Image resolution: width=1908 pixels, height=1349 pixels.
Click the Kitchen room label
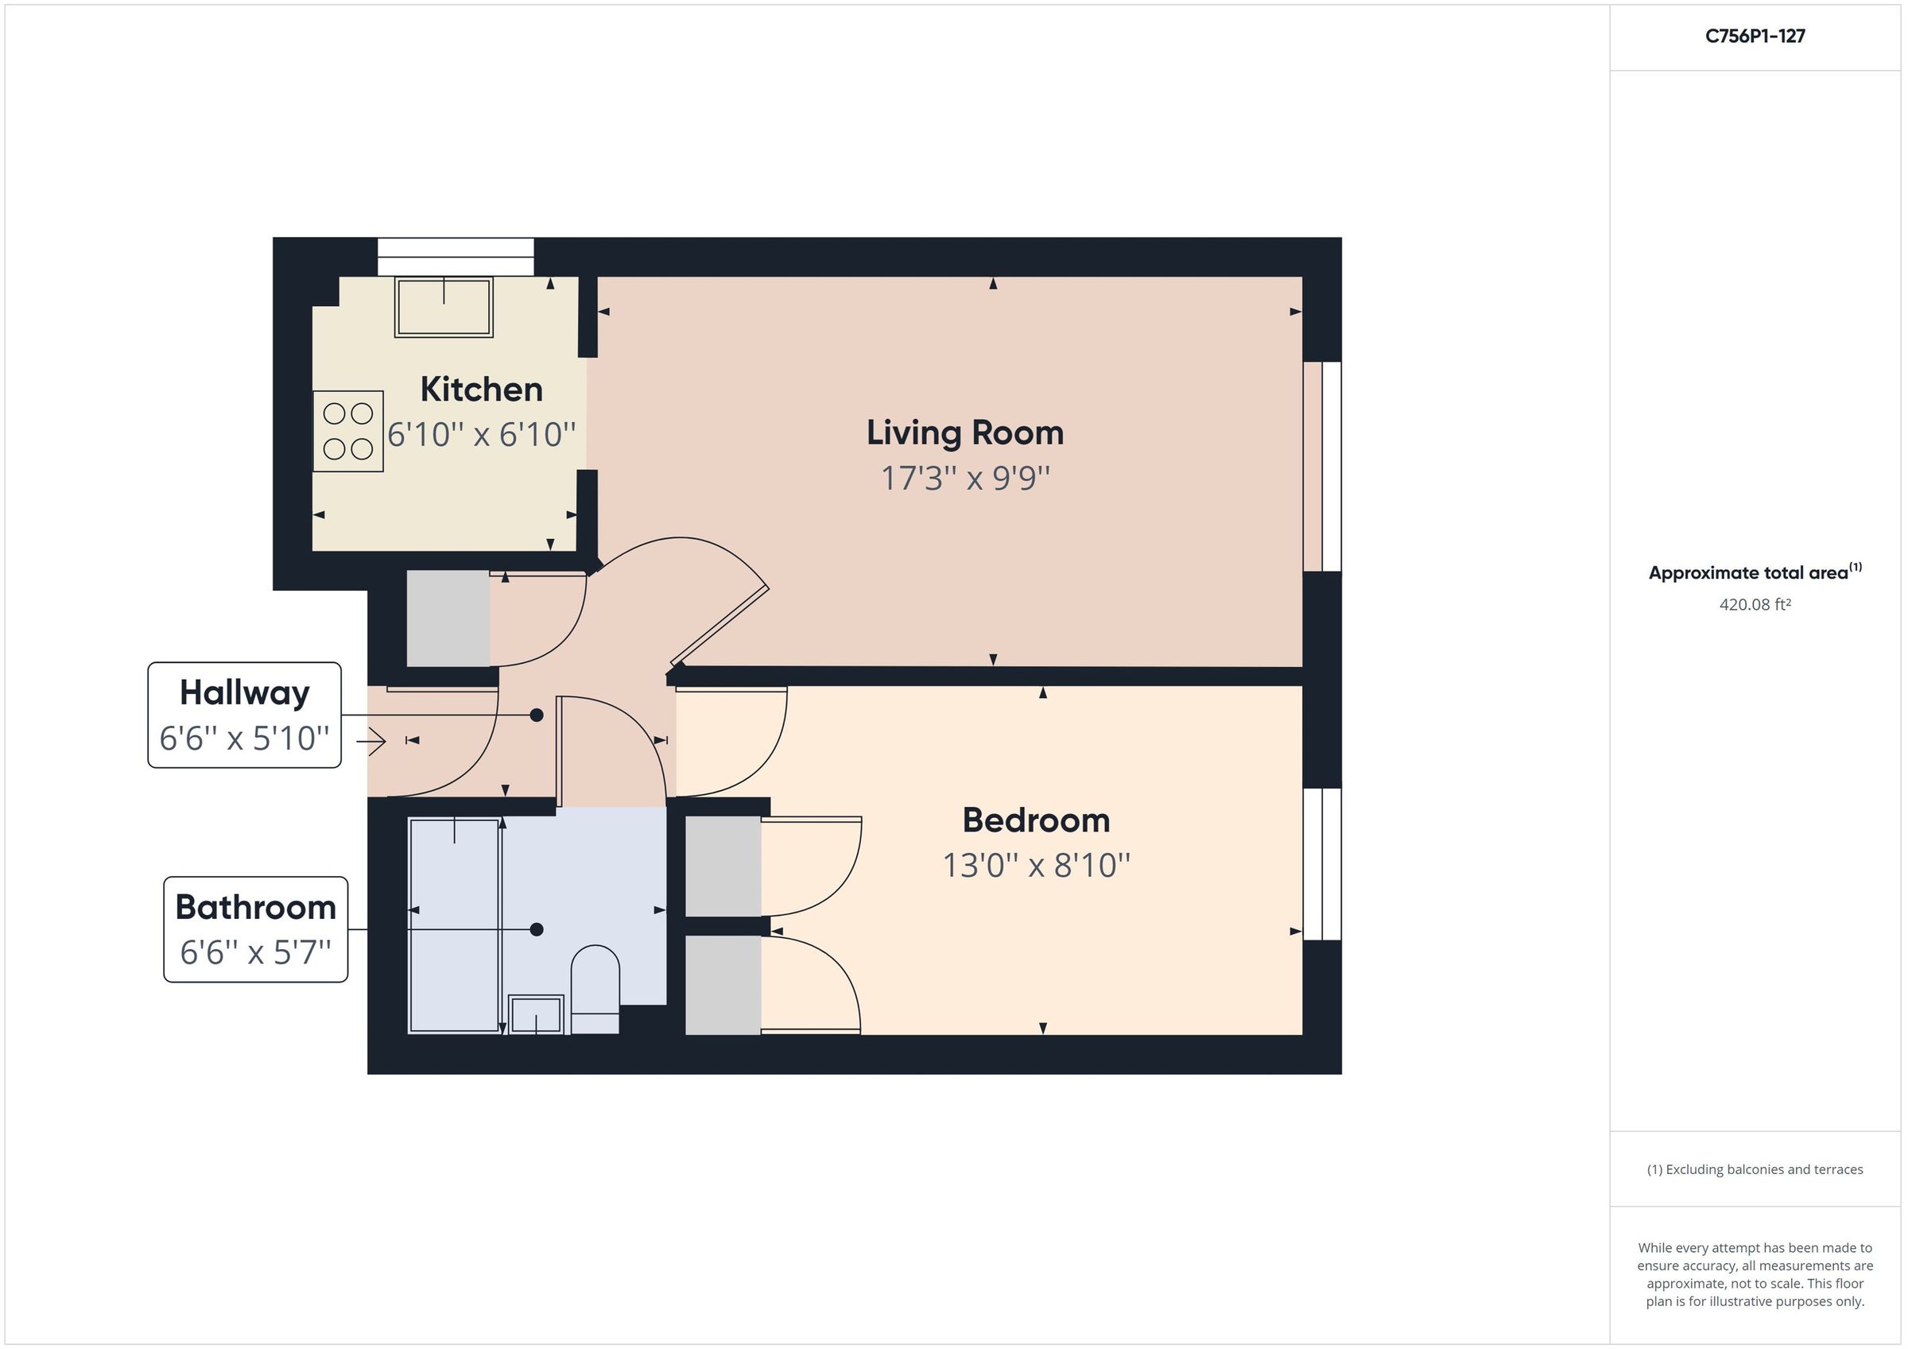click(481, 389)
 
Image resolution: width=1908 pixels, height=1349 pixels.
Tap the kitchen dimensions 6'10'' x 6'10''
click(481, 434)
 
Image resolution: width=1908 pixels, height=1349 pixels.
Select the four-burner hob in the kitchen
click(348, 431)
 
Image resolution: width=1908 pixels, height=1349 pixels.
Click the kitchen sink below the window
click(444, 307)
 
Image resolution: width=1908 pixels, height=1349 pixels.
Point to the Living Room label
click(965, 432)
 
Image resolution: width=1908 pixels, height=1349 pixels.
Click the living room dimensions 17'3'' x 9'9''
click(965, 478)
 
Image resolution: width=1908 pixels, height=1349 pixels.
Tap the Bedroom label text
click(1035, 820)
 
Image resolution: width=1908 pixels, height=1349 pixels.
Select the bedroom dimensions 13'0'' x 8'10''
click(1035, 865)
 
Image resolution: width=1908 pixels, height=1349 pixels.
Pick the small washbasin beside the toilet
click(536, 1014)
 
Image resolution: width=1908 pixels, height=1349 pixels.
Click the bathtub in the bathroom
click(454, 925)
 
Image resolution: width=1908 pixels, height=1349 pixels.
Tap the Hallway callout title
click(244, 692)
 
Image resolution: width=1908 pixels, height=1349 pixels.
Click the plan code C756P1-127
click(1755, 36)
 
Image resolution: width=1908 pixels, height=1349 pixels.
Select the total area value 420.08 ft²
click(1755, 604)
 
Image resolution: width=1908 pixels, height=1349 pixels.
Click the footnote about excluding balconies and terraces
click(1755, 1169)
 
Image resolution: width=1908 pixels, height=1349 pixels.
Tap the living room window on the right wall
click(1322, 467)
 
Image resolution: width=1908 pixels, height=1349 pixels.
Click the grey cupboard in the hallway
click(448, 618)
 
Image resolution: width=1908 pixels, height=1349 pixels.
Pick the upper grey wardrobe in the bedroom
click(722, 866)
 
